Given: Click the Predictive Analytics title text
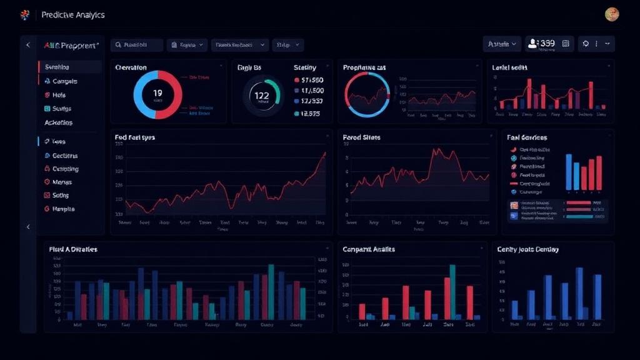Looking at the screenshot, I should (x=73, y=14).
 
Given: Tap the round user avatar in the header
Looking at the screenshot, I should (x=612, y=14).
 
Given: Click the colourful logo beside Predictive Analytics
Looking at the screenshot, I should (x=25, y=14).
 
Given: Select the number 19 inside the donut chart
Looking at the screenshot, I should (x=157, y=92).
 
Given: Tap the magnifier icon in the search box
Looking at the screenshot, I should (x=118, y=45).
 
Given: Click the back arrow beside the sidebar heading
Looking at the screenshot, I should (x=27, y=45).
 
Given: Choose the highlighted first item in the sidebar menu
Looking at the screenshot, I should (x=69, y=67).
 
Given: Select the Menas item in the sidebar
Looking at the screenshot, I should (x=62, y=182).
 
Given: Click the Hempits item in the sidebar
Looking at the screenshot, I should (x=63, y=209).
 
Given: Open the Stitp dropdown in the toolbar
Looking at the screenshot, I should (x=287, y=45).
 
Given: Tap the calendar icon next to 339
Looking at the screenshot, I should (x=565, y=44).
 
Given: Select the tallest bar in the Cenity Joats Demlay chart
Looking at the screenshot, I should (x=579, y=292).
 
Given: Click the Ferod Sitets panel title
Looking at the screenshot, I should (x=362, y=137).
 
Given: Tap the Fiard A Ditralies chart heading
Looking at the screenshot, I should (x=73, y=249).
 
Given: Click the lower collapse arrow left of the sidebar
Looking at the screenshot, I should (x=27, y=227).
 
